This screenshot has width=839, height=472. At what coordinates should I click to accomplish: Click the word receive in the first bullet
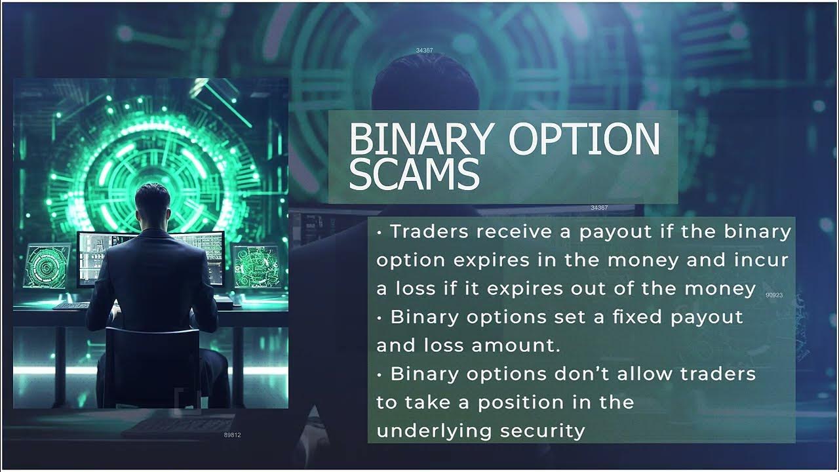(x=513, y=232)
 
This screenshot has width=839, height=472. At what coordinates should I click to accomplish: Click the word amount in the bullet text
(x=520, y=345)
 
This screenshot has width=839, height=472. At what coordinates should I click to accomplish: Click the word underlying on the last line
(x=435, y=431)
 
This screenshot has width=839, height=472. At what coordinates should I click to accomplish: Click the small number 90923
(x=774, y=296)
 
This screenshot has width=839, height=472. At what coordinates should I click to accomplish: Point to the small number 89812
(x=232, y=435)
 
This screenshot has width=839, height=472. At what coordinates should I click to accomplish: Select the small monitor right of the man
(x=256, y=265)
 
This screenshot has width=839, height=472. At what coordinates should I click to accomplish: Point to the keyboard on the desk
(x=71, y=305)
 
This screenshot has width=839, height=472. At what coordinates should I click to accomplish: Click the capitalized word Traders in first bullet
(x=430, y=232)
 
